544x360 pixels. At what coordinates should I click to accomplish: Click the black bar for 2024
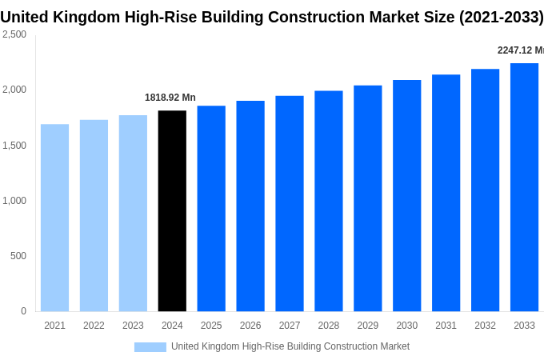point(172,211)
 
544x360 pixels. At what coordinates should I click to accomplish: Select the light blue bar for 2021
point(54,218)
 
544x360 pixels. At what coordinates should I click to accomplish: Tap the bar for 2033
point(524,187)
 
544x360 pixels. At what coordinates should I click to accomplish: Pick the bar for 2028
point(328,201)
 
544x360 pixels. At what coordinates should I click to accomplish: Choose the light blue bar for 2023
point(133,214)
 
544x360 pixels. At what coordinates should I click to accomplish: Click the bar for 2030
point(406,196)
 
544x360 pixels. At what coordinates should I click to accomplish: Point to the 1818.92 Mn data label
point(170,98)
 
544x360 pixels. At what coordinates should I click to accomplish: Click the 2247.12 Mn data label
point(520,50)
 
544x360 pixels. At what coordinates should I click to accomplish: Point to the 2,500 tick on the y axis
point(14,34)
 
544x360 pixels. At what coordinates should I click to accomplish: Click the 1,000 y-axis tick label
point(14,201)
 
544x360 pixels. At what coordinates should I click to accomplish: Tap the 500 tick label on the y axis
point(18,256)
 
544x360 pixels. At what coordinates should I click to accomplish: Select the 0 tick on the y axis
point(23,311)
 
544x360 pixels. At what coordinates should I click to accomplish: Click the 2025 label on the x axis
point(211,326)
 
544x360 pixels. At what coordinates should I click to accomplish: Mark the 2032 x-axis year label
point(485,326)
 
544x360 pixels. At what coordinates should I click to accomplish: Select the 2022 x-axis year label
point(94,326)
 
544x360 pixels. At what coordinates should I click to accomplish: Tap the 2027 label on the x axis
point(290,326)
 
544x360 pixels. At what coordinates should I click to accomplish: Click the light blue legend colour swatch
point(150,346)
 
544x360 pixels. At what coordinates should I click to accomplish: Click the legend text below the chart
point(290,346)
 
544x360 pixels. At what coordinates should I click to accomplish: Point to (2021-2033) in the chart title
point(501,17)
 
